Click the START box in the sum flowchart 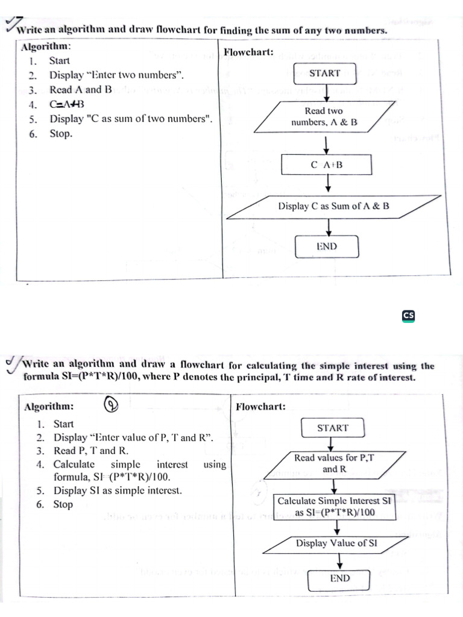coord(325,74)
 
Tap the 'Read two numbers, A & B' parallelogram coord(324,117)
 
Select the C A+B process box coord(326,164)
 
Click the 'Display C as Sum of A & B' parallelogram coord(333,206)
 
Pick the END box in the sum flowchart coord(326,246)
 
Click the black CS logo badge coord(409,315)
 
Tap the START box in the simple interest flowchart coord(333,428)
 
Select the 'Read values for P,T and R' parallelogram coord(334,463)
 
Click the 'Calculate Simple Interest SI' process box coord(334,506)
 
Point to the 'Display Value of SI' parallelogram coord(336,543)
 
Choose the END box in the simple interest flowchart coord(339,578)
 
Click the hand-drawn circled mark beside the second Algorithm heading coord(111,406)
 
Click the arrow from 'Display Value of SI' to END coord(340,560)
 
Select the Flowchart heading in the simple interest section coord(260,407)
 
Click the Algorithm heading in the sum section coord(46,46)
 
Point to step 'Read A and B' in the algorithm coord(80,90)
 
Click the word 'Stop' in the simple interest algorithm coord(63,504)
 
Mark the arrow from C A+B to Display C coord(327,183)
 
